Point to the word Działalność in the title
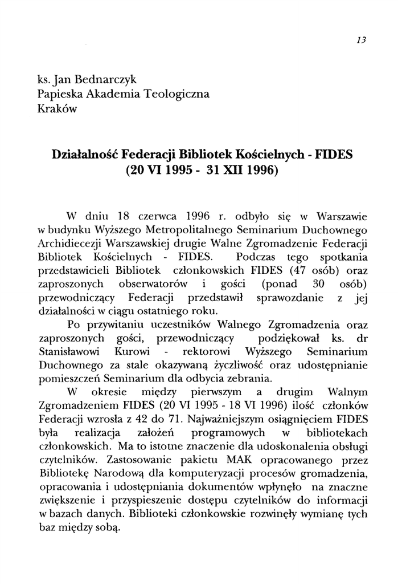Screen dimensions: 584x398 pyautogui.click(x=84, y=154)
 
